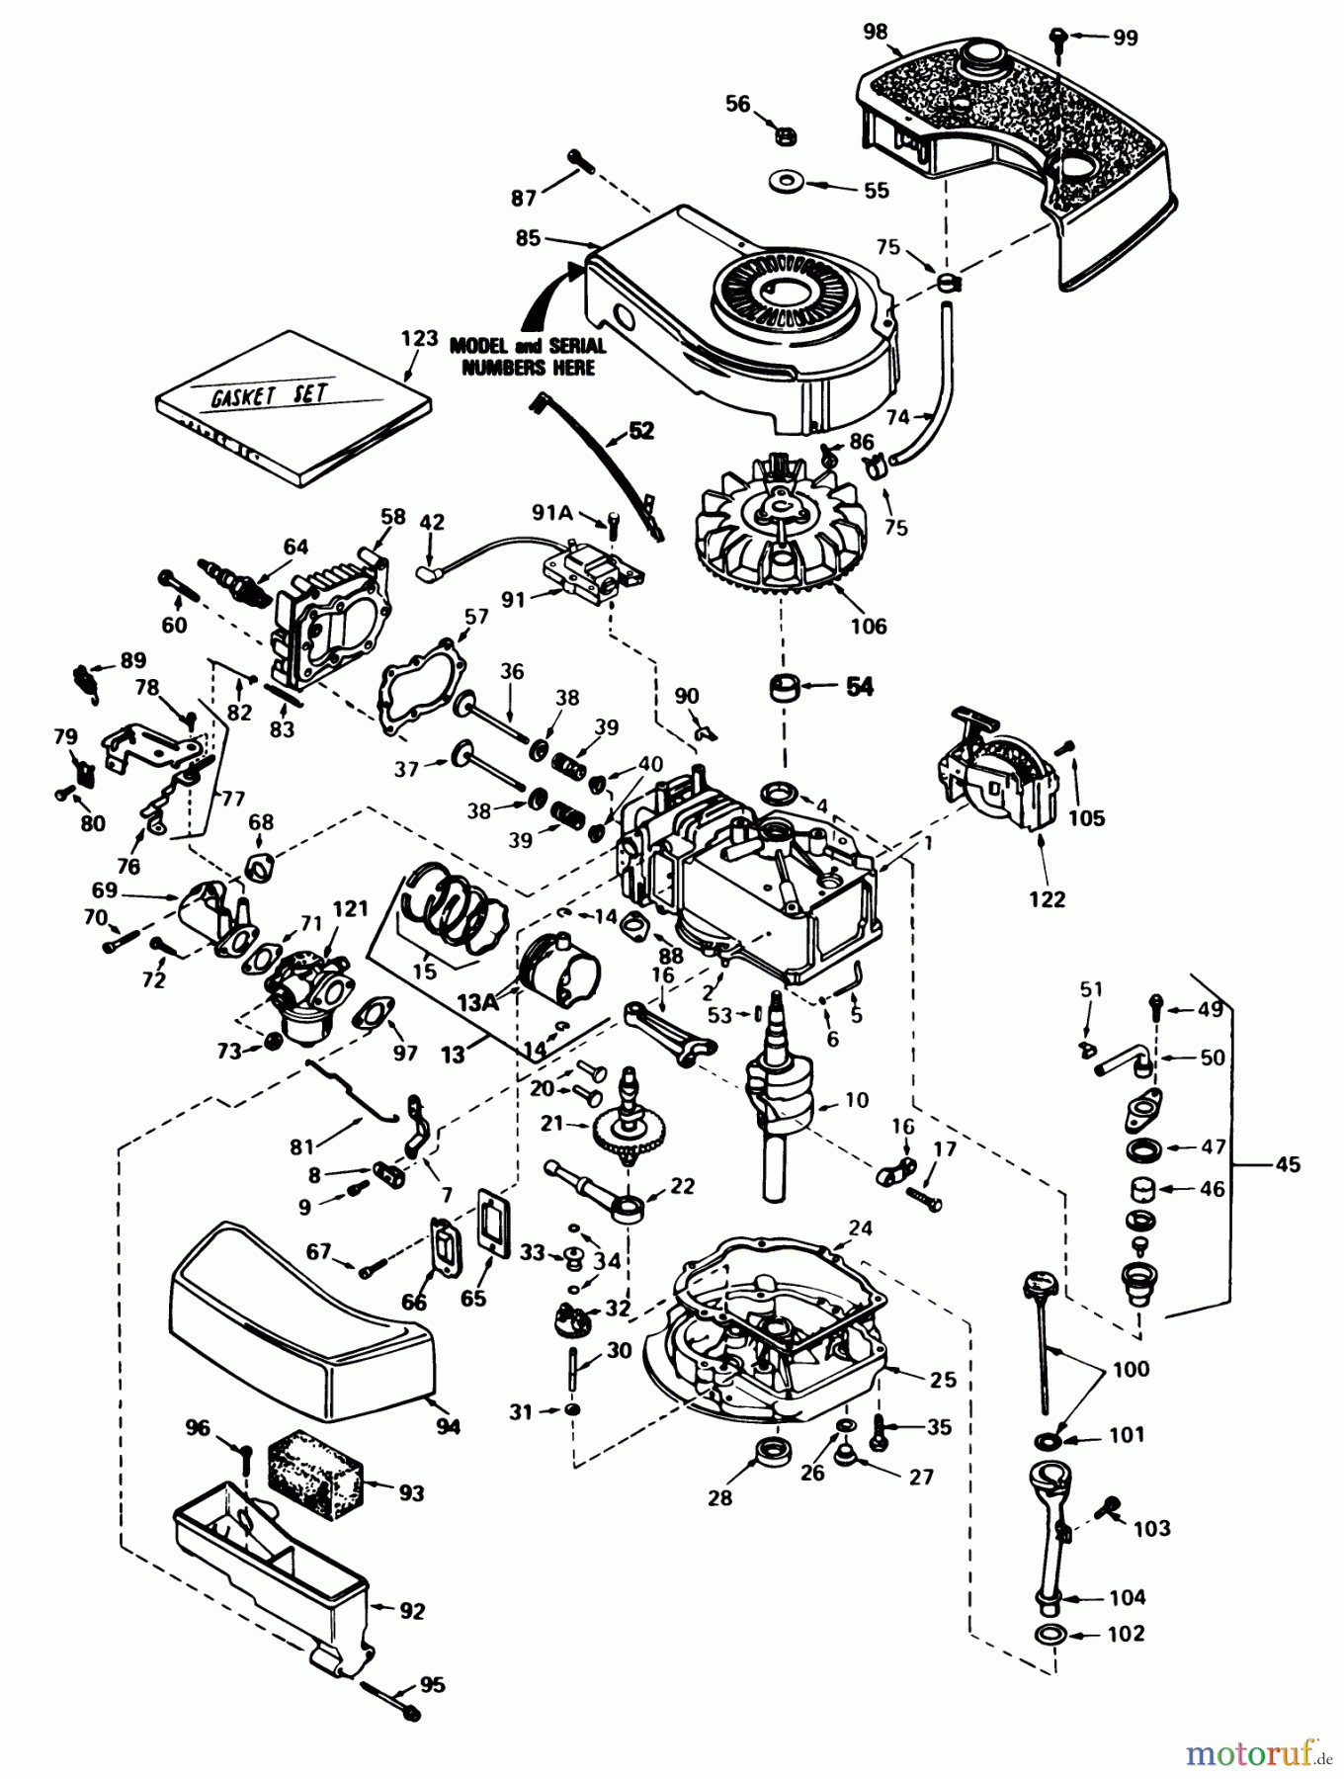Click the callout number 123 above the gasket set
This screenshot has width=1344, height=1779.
[x=419, y=339]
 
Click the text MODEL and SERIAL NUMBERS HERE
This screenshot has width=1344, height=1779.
[x=523, y=357]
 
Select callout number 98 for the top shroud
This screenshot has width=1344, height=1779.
[x=875, y=32]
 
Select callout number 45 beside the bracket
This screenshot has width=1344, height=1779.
[x=1288, y=1164]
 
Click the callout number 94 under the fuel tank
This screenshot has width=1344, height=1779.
[x=449, y=1426]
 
